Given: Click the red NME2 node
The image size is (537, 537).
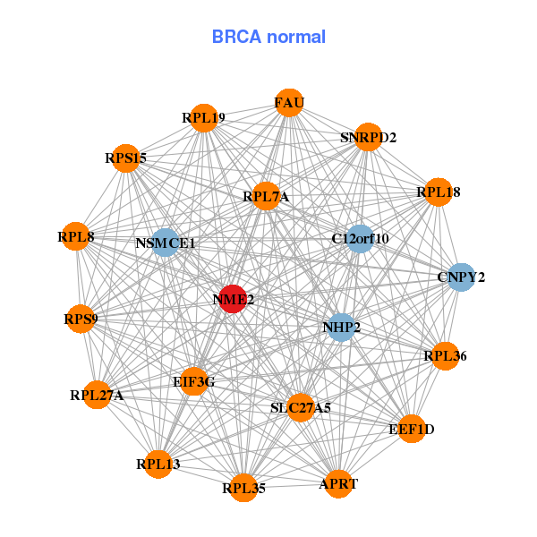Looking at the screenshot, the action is coord(234,300).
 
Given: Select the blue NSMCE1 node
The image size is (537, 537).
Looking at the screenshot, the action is coord(165,242).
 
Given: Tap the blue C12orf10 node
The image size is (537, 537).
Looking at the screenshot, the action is coord(360,238).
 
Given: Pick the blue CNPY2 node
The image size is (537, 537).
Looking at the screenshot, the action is coord(461,277).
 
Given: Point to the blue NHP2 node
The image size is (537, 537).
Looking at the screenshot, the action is coord(341,328).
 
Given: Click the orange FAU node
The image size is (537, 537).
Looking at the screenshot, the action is coord(289,103).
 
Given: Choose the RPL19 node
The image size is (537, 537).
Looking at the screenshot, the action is coord(204,117).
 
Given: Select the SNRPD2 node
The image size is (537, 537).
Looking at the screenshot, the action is coord(368,137).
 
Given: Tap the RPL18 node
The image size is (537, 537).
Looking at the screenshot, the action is coord(438,192).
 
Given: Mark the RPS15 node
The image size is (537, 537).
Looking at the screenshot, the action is coord(126,158).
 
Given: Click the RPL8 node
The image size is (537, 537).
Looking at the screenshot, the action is coord(76,237).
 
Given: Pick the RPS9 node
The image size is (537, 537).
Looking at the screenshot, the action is coord(81,318).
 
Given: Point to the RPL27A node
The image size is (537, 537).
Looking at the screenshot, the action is coord(97,395).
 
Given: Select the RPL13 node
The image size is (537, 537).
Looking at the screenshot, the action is coord(158,464).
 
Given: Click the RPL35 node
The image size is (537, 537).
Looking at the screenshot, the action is coord(244,488).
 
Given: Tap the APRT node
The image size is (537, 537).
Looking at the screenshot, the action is coord(338,483).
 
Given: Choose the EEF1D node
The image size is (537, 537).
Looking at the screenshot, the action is coord(412,430).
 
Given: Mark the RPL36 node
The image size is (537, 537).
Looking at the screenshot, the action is coord(445,356).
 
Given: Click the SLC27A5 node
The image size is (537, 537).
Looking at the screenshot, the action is coord(301,407).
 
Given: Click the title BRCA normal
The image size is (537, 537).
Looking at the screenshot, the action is coord(268,37).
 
